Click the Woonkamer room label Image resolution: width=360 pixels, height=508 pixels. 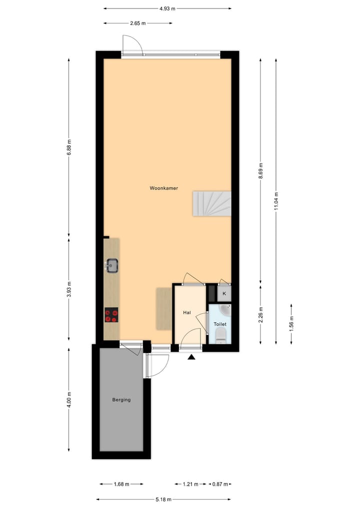tap(163, 188)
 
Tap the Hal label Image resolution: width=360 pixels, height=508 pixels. tap(187, 313)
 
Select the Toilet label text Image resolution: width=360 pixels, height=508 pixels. tap(220, 324)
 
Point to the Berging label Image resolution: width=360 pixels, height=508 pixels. tap(121, 400)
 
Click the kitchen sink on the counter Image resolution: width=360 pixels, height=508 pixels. tap(111, 265)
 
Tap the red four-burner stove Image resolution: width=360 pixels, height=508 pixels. tap(111, 315)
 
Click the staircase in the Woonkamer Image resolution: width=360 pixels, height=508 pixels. tap(212, 203)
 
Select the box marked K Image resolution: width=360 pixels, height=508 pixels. tap(224, 294)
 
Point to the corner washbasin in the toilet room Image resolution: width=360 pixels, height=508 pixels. tap(226, 311)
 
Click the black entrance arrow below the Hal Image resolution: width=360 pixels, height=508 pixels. tap(191, 357)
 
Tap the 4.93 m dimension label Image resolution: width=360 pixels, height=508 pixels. tap(167, 8)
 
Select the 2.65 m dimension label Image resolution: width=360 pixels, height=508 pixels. tap(137, 23)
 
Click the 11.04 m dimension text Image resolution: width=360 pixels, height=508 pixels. tap(276, 201)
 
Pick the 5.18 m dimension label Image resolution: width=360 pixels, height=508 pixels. tap(163, 499)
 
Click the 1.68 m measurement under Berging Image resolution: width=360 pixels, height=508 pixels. tap(121, 484)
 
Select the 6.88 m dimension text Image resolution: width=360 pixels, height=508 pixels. tap(69, 147)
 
